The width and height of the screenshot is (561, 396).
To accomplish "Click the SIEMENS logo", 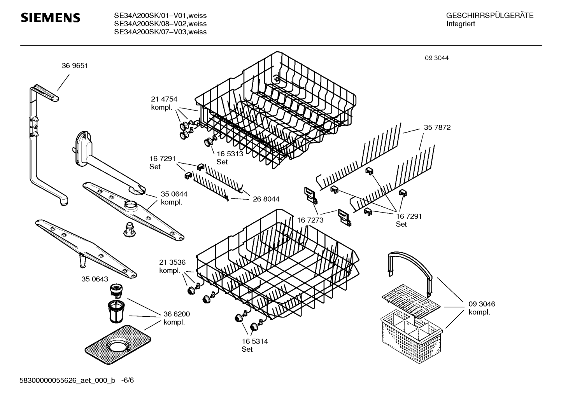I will [x=50, y=18].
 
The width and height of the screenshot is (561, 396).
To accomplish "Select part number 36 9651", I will [x=75, y=66].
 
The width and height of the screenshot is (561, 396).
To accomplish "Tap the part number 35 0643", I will [x=95, y=279].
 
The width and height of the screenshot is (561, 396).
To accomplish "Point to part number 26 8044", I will [x=266, y=199].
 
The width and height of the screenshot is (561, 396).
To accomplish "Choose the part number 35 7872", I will [x=437, y=127].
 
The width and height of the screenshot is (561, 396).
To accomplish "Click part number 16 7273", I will [x=310, y=220].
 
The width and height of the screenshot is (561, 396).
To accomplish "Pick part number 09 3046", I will [x=482, y=304].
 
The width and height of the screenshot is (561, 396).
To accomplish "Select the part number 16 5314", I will [x=255, y=342].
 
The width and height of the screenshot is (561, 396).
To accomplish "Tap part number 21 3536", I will [x=172, y=262].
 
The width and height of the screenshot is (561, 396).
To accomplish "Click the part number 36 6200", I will [x=176, y=314].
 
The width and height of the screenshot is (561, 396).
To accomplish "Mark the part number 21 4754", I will [x=164, y=99].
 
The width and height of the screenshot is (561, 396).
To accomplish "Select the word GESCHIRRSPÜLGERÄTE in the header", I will [x=489, y=16].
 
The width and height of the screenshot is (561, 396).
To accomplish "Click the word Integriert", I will [x=461, y=24].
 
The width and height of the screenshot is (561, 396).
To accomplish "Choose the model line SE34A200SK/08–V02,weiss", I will [x=160, y=24].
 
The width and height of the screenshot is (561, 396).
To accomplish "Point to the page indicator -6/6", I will [x=127, y=380].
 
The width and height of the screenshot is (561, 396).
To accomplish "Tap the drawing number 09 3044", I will [x=437, y=58].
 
